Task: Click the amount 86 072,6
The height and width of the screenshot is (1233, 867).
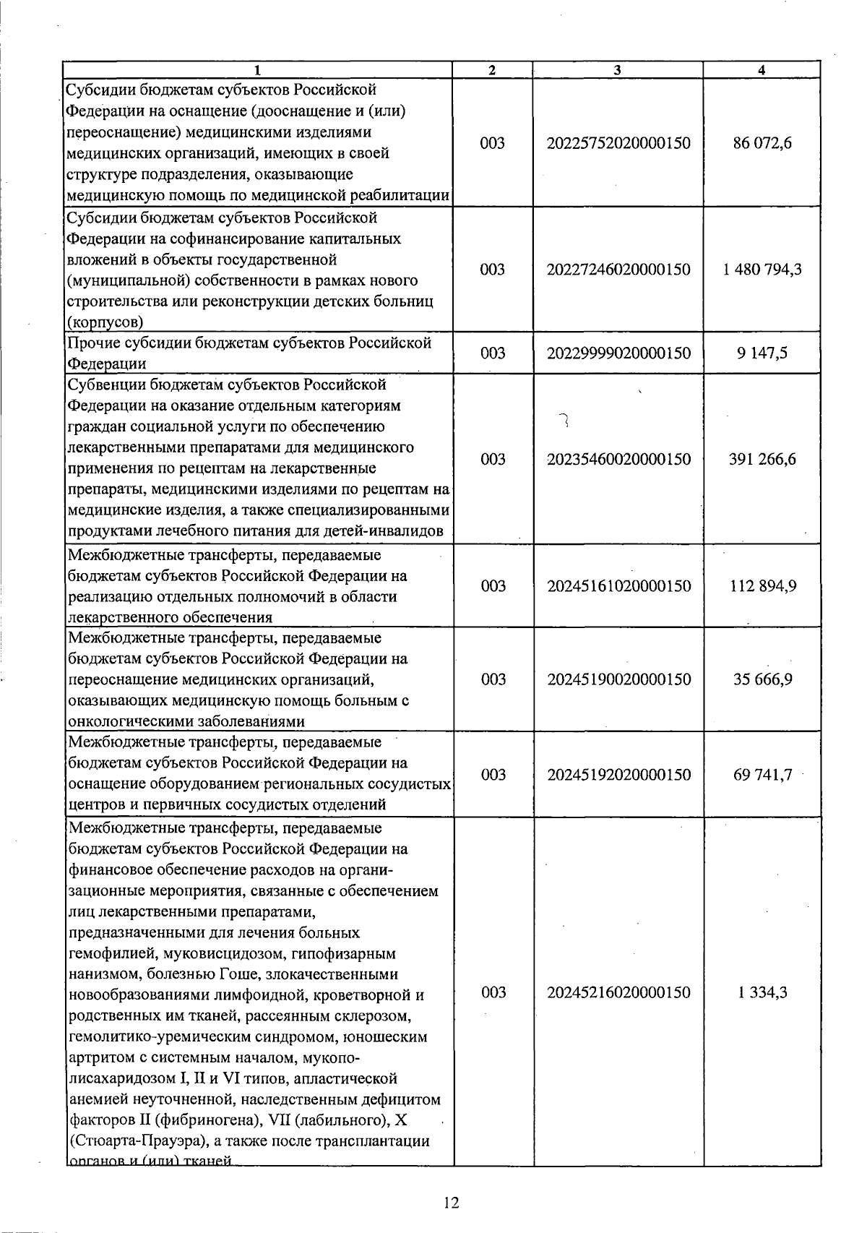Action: point(762,143)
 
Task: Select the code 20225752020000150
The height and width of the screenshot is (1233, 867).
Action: point(618,143)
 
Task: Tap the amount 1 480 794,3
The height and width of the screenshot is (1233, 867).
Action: point(762,270)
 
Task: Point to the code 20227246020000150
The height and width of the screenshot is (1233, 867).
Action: point(618,270)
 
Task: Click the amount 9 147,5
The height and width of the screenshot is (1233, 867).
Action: point(762,353)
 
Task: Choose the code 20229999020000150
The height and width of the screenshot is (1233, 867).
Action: point(618,353)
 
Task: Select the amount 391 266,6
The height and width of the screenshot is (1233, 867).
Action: point(762,459)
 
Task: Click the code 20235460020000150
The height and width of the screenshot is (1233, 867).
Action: point(618,459)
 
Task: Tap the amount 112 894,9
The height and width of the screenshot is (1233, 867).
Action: point(762,585)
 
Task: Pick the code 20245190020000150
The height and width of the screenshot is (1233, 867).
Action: point(618,679)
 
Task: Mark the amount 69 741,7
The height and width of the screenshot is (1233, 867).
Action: point(762,775)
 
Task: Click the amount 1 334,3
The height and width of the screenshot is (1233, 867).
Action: point(762,992)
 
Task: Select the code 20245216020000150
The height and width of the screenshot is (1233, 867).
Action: point(618,992)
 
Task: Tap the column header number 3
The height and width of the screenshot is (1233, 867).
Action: point(617,70)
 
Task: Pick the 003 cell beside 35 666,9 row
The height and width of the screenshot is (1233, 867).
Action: point(493,679)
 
